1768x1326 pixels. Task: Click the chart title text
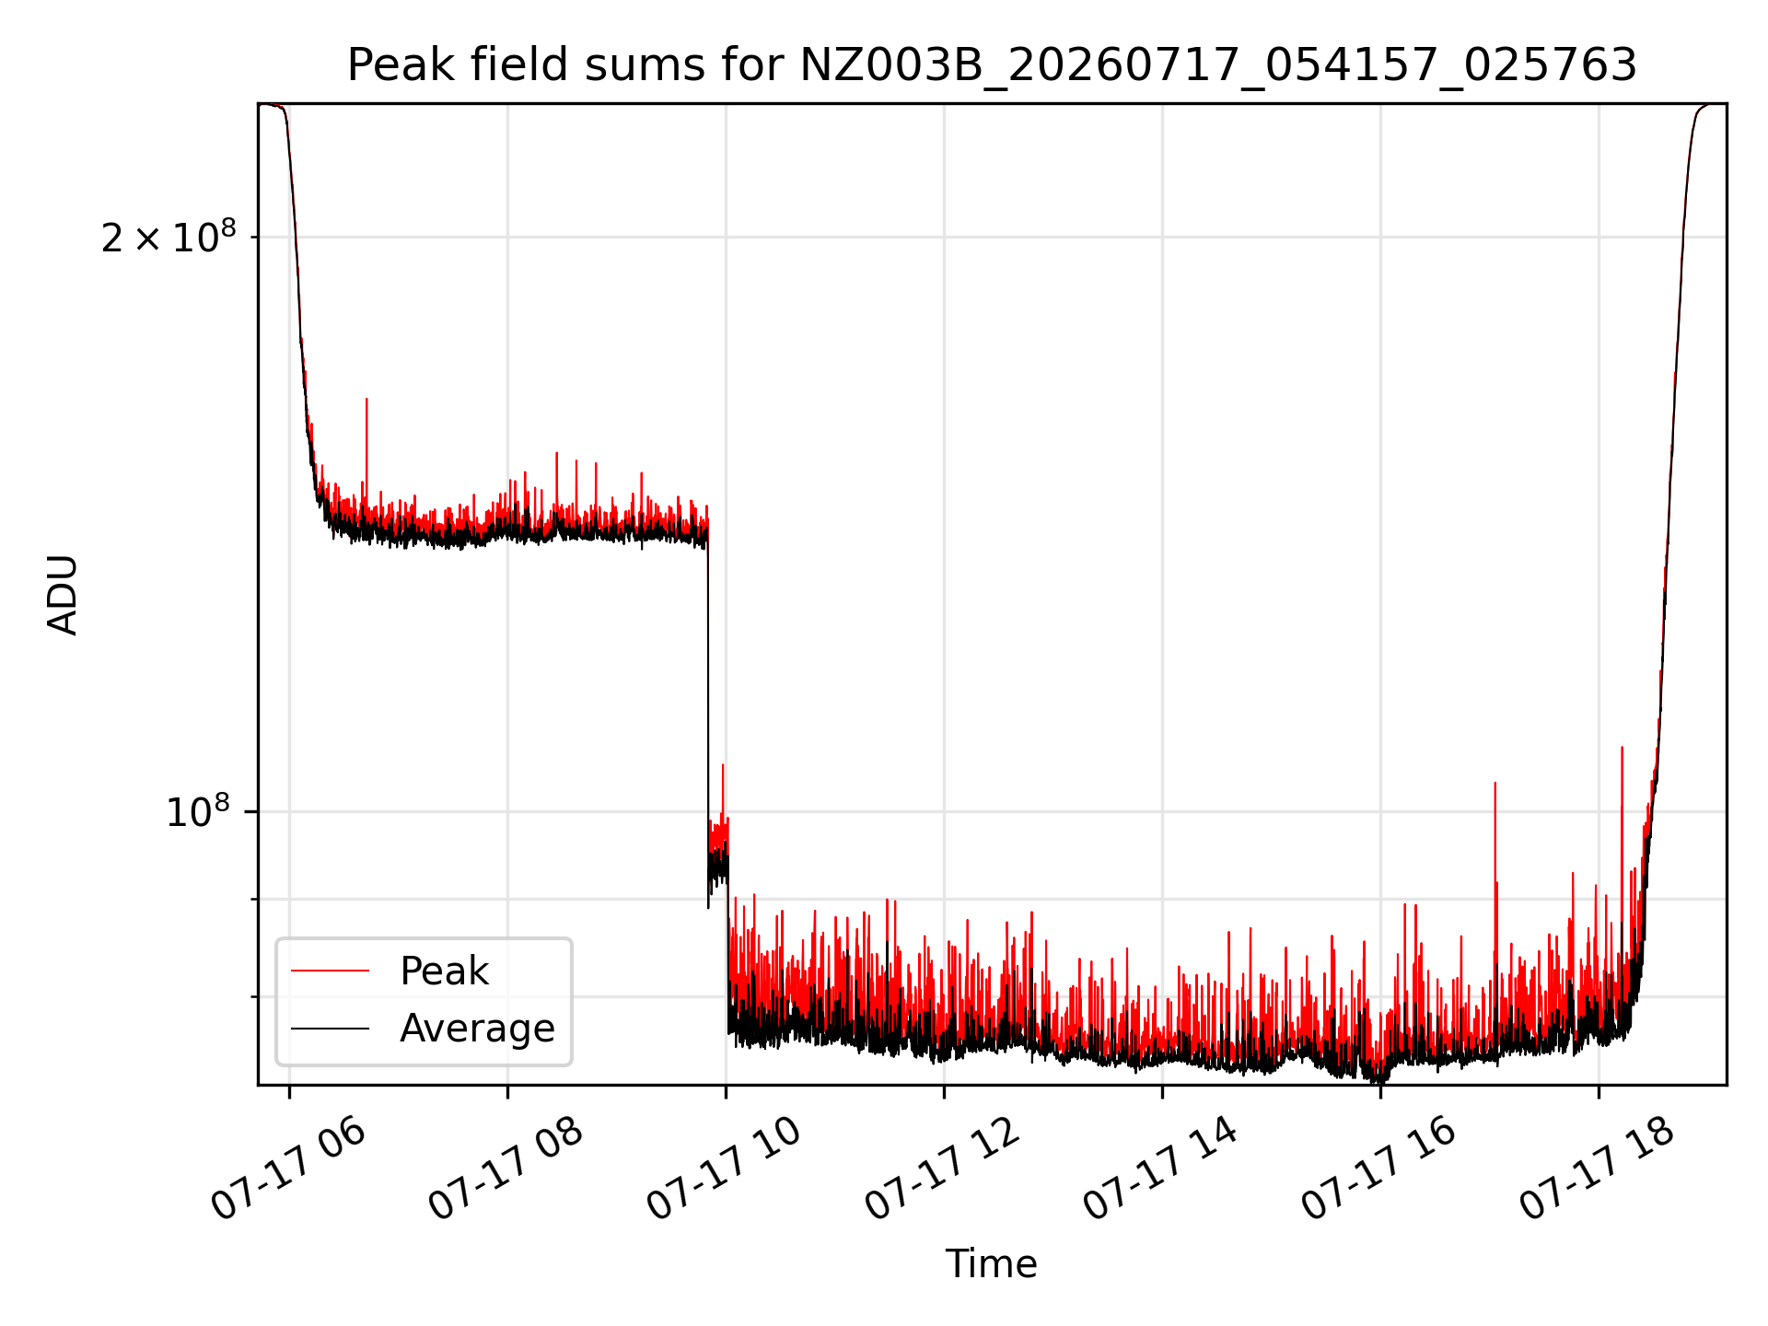[992, 65]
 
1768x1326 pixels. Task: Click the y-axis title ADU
[63, 595]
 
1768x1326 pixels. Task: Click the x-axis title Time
[992, 1264]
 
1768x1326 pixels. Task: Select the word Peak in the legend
[444, 971]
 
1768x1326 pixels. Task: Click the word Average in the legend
[477, 1029]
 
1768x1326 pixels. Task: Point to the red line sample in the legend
[330, 971]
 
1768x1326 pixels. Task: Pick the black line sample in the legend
[330, 1028]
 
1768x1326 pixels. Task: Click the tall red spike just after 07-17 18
[1622, 829]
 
